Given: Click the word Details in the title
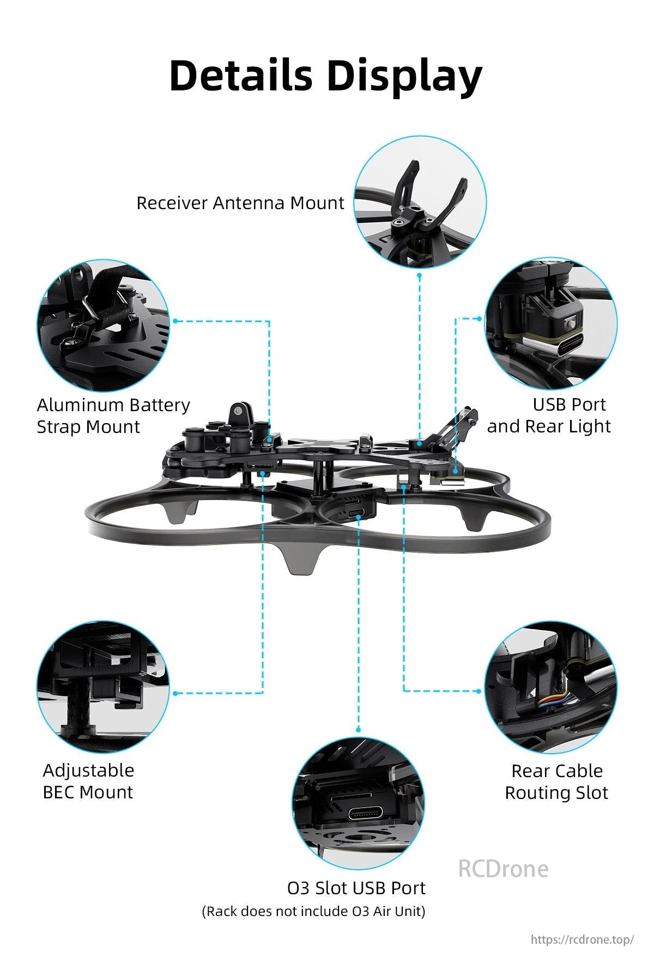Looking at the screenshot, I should pyautogui.click(x=240, y=76).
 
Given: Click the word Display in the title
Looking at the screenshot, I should pyautogui.click(x=405, y=76).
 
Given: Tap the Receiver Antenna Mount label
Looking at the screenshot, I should pyautogui.click(x=240, y=203).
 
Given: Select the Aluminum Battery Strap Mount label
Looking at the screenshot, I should pyautogui.click(x=113, y=416).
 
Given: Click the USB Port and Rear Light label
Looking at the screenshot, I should pyautogui.click(x=549, y=415).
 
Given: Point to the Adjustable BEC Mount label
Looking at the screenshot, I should pyautogui.click(x=88, y=781).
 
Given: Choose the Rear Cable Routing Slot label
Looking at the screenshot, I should pyautogui.click(x=556, y=781).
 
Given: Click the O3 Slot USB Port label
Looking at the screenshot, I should pyautogui.click(x=356, y=888).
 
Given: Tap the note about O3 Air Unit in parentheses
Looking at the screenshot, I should pyautogui.click(x=313, y=911).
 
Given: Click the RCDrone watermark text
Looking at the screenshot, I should pyautogui.click(x=503, y=868).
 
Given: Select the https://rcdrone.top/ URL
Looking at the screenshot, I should pyautogui.click(x=582, y=939).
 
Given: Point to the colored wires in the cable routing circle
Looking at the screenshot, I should pyautogui.click(x=555, y=699).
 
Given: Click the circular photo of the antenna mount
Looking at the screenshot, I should pyautogui.click(x=420, y=201).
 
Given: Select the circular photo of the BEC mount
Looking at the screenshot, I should pyautogui.click(x=103, y=687).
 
